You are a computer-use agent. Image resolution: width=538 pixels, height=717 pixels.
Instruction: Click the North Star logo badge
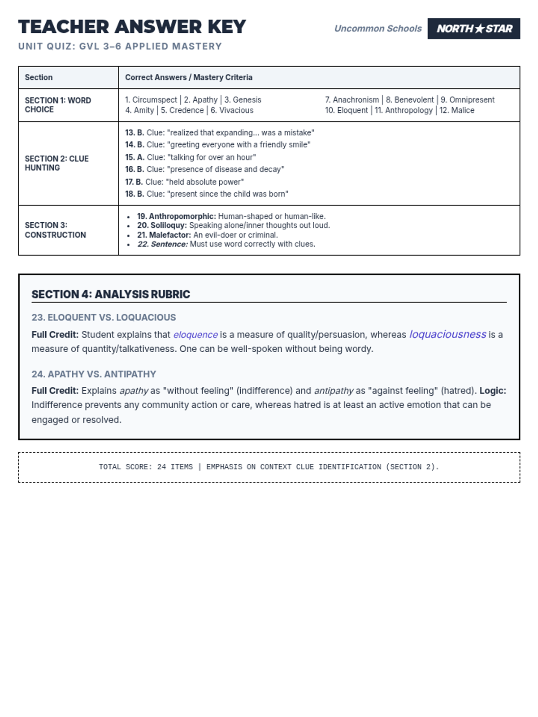coord(473,29)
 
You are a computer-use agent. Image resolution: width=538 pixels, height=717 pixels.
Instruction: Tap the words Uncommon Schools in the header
coord(377,29)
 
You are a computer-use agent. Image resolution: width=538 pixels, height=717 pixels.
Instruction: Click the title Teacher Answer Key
coord(132,27)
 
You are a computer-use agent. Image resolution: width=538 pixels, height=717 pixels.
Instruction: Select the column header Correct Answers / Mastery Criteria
coord(188,78)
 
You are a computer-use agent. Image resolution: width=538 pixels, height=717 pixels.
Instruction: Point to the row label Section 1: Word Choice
coord(58,105)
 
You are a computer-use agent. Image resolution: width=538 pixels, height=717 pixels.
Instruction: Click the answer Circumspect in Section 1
coord(154,100)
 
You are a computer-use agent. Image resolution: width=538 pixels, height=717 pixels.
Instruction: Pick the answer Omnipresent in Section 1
coord(472,100)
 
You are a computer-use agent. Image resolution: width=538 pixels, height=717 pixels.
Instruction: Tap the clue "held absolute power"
coord(205,182)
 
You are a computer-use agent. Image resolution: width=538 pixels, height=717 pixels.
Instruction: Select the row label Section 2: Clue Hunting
coord(56,163)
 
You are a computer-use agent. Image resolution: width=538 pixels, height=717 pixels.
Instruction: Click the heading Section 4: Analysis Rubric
coord(111,294)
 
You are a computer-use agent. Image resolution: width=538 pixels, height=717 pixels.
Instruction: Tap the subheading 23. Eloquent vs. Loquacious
coord(104,317)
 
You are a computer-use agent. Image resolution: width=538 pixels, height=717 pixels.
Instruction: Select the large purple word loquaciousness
coord(447,334)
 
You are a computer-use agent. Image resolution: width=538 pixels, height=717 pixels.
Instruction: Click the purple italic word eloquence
coord(195,335)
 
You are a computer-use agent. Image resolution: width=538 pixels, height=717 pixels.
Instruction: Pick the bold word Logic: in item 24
coord(492,391)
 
